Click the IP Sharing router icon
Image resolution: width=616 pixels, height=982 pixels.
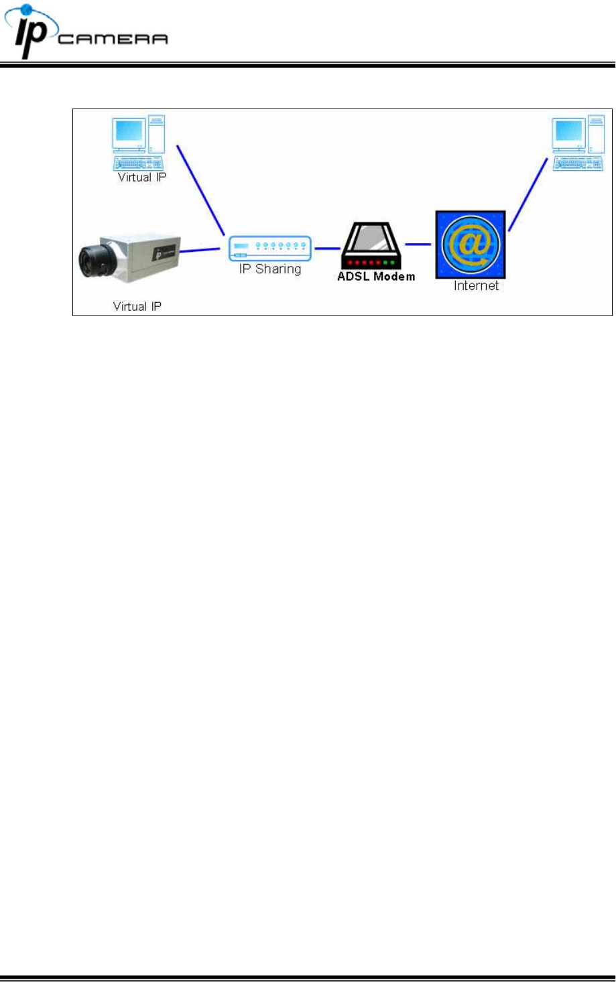269,248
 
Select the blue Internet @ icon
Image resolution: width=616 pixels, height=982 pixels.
471,244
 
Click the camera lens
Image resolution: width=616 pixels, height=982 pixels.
92,261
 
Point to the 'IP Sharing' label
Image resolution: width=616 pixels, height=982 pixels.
270,269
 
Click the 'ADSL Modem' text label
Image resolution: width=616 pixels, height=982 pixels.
376,277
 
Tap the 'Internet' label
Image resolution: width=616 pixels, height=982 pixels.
476,286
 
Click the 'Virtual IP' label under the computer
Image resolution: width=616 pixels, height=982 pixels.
141,178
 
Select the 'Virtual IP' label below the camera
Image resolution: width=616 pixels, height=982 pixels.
137,307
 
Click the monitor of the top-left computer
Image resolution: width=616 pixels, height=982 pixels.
129,133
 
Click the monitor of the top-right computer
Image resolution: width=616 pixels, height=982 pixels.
568,133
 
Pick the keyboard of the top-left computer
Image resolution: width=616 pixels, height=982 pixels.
138,163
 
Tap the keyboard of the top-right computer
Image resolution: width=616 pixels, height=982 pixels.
577,163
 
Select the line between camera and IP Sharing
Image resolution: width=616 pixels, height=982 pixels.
200,251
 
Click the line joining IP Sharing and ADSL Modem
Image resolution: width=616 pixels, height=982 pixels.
327,249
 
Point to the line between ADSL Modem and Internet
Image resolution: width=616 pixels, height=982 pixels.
418,244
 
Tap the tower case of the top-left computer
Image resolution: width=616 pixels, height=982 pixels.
157,133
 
